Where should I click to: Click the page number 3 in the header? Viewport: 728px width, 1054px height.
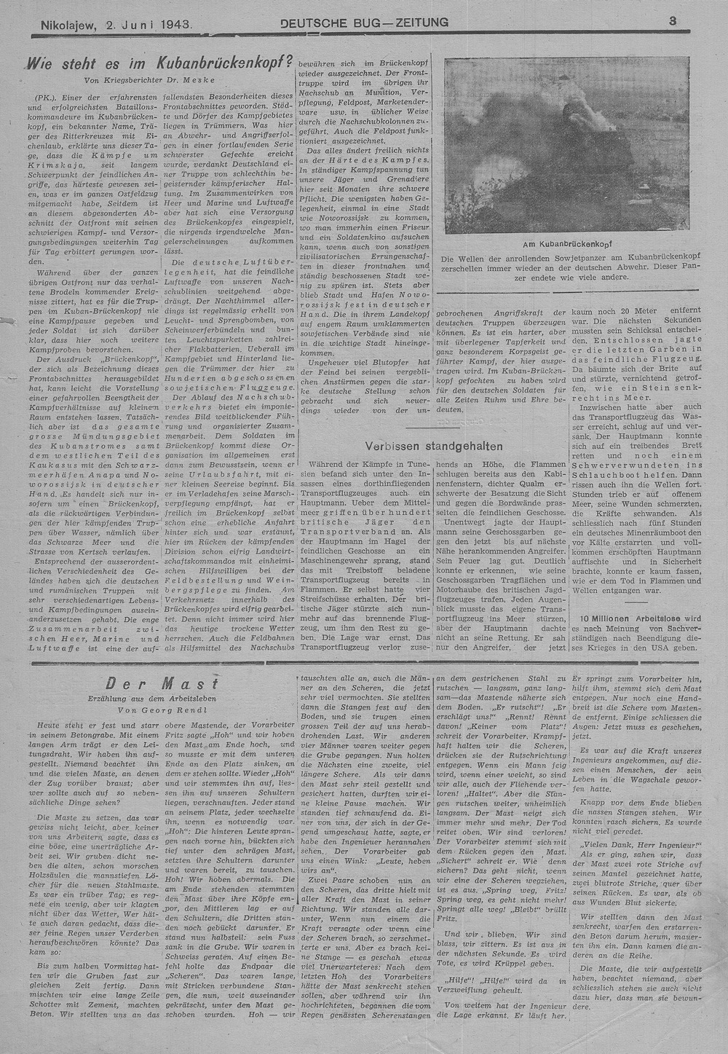click(x=673, y=21)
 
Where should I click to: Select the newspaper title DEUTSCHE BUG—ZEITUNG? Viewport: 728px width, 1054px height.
click(x=364, y=23)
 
